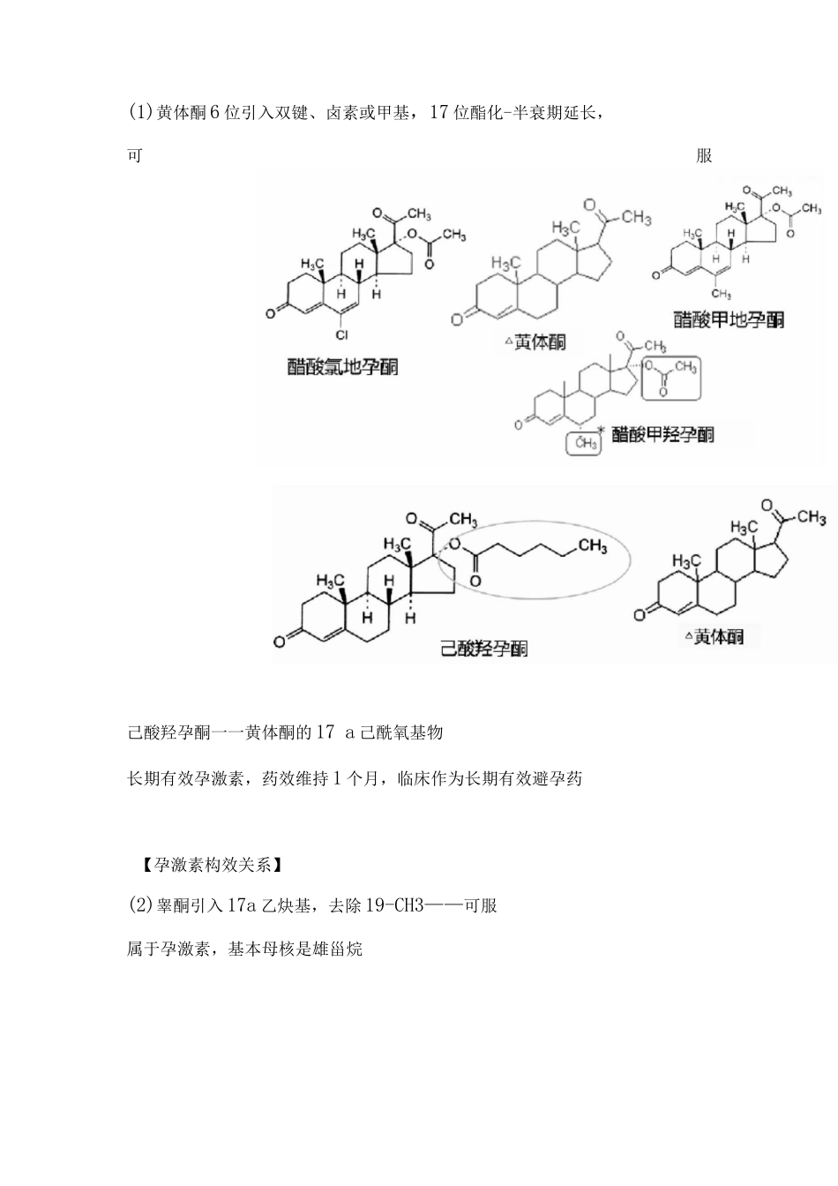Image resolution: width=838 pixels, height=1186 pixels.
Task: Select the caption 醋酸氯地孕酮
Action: (x=343, y=366)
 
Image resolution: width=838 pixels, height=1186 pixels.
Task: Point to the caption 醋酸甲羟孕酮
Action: (x=662, y=434)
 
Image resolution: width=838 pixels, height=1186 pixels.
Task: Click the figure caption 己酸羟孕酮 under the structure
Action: (x=484, y=649)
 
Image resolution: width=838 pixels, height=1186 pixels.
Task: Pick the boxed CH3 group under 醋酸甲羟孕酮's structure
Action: (x=585, y=443)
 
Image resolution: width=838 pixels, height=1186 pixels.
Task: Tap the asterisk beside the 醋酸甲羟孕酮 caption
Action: (x=601, y=431)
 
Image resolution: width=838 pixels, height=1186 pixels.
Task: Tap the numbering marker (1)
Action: (x=141, y=112)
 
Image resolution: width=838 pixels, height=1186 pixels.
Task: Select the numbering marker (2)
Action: (x=141, y=905)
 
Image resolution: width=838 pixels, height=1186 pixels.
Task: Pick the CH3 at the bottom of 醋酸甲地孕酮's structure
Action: (x=721, y=294)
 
